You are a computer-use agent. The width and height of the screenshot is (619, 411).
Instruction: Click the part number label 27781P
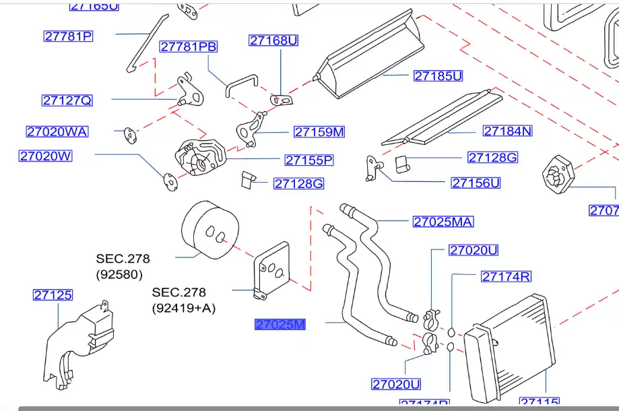(x=68, y=36)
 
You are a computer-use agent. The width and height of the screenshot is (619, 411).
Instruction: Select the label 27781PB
(x=189, y=46)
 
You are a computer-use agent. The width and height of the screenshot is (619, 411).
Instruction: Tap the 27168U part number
(x=273, y=40)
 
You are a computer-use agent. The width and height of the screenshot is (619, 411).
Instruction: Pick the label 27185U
(x=438, y=76)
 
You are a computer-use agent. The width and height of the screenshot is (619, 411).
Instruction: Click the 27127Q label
(x=67, y=100)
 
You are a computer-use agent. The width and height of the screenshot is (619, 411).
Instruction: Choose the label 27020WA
(x=57, y=132)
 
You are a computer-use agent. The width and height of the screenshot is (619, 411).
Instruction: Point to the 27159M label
(x=319, y=132)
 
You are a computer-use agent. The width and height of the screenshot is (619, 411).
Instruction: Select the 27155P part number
(x=309, y=160)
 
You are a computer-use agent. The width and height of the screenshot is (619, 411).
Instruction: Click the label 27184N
(x=507, y=131)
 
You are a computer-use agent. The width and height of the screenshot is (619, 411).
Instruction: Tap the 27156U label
(x=476, y=183)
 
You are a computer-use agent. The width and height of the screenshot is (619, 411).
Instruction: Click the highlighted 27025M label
(x=280, y=325)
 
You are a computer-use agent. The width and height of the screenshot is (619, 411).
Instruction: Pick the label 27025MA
(x=443, y=222)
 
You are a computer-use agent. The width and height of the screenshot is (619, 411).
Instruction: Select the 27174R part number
(x=506, y=276)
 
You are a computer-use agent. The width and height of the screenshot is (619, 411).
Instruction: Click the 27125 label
(x=53, y=295)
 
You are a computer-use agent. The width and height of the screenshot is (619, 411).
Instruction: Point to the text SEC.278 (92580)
(x=123, y=266)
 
